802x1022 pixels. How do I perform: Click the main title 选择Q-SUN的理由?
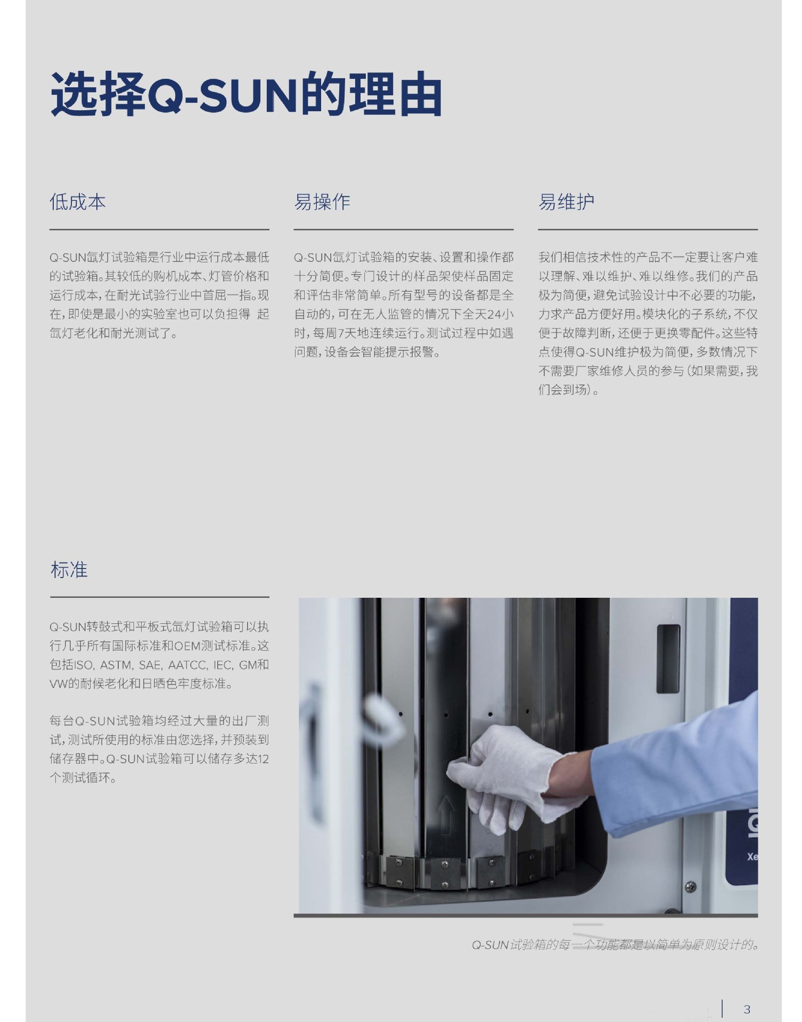(x=246, y=95)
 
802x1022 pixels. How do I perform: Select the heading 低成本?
(x=78, y=202)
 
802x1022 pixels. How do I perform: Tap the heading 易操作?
(x=322, y=202)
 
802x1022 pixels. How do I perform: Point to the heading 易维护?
(x=566, y=202)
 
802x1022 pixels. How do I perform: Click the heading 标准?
(x=69, y=570)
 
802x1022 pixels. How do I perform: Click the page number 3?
(x=747, y=1009)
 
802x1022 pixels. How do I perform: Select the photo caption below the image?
(x=615, y=945)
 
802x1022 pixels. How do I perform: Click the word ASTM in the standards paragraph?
(x=116, y=665)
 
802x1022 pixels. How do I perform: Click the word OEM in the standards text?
(x=187, y=646)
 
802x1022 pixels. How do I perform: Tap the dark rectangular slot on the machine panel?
(x=668, y=658)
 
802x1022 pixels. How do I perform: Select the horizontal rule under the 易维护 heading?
(x=648, y=229)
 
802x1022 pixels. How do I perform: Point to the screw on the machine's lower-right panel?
(x=690, y=887)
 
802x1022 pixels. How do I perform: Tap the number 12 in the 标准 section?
(x=263, y=759)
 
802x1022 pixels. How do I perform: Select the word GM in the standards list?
(x=248, y=665)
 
